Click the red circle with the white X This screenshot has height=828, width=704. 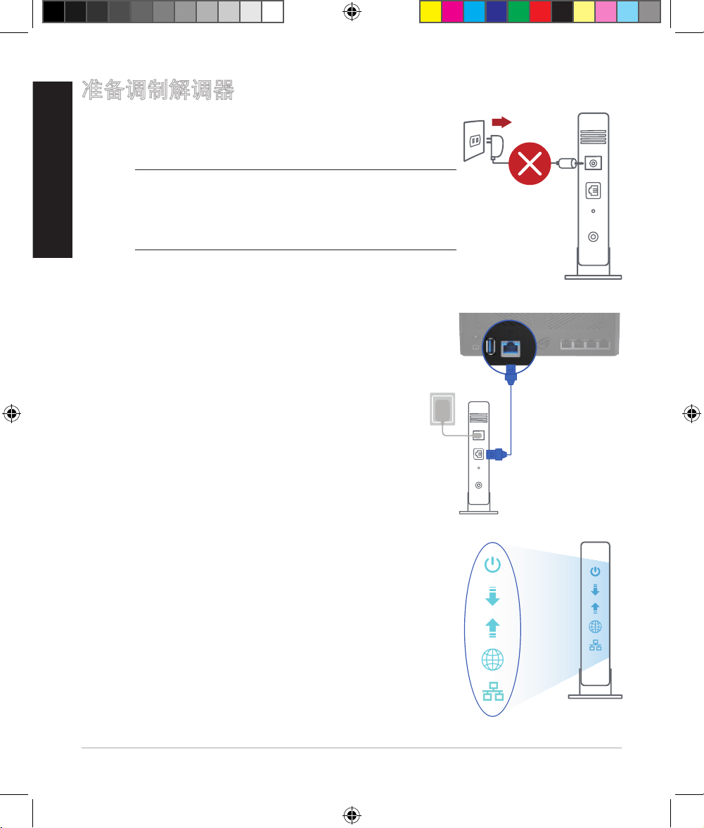530,164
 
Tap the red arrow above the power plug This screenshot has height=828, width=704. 501,122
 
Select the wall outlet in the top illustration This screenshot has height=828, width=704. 474,141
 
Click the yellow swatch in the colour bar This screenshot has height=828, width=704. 430,12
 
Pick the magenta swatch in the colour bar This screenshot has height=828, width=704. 452,12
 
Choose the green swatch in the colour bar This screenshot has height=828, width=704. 518,12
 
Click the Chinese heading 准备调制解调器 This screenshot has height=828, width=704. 158,90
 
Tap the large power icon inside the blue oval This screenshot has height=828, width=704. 492,564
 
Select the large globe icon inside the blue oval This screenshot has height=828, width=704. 492,659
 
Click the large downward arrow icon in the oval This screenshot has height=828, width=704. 492,596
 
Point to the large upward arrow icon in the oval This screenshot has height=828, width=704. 492,628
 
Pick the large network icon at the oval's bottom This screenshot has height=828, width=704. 493,691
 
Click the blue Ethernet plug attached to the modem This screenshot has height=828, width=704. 497,454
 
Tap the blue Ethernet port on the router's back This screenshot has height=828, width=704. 511,349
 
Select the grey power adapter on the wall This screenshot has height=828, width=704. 442,409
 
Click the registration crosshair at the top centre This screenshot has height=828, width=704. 352,11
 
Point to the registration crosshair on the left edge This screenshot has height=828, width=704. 12,413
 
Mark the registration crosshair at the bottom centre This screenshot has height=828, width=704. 352,815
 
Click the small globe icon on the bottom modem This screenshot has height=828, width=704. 595,627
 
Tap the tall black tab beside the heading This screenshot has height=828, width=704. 52,169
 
